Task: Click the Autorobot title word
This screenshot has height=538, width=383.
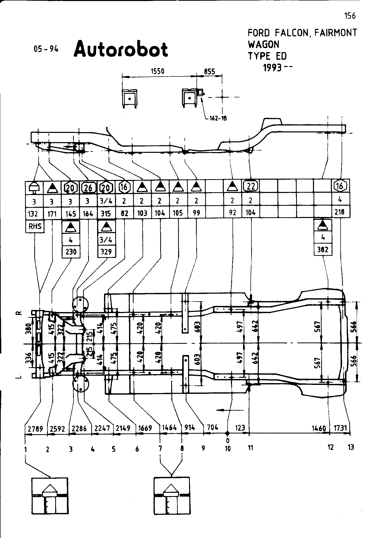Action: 121,49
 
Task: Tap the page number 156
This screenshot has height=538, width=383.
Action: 350,16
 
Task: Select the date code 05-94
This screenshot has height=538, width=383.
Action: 46,49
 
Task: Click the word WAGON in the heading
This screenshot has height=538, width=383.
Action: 264,44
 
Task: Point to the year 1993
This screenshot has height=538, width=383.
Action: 273,68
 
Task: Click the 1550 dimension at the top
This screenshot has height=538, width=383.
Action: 157,71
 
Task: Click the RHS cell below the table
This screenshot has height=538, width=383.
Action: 35,226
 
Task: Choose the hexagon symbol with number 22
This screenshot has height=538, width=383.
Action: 251,186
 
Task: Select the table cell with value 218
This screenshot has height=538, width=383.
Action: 340,212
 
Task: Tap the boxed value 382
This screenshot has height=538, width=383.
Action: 322,249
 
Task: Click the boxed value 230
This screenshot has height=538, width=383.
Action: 71,252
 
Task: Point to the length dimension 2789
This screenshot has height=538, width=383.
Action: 36,429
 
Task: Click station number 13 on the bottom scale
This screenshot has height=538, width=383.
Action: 351,447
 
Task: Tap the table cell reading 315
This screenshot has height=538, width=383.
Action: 106,213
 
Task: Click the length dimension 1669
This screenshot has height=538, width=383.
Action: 145,428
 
